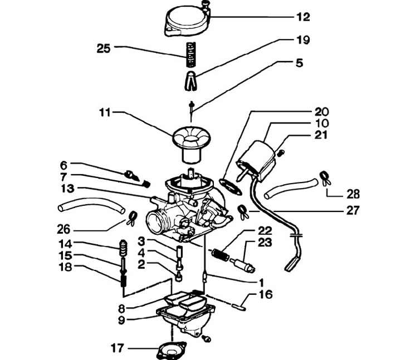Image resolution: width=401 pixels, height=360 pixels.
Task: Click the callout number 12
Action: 303,17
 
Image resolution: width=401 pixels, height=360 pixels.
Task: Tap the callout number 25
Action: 104,48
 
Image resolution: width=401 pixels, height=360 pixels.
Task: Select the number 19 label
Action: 303,40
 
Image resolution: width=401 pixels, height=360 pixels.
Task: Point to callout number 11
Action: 105,112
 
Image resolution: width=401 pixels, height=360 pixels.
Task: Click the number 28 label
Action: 353,194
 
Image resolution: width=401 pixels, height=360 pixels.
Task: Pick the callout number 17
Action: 118,348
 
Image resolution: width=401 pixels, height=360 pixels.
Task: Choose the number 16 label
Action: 266,294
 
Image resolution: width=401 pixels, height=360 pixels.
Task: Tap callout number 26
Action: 63,229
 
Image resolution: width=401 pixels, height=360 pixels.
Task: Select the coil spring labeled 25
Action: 190,55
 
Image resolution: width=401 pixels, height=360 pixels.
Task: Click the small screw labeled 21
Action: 281,153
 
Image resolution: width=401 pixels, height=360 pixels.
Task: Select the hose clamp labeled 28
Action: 325,178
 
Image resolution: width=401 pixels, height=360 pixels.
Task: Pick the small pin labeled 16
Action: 239,307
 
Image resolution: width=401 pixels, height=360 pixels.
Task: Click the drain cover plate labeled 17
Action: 171,351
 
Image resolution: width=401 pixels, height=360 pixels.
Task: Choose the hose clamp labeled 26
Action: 131,219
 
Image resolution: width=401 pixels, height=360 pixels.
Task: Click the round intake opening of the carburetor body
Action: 155,221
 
